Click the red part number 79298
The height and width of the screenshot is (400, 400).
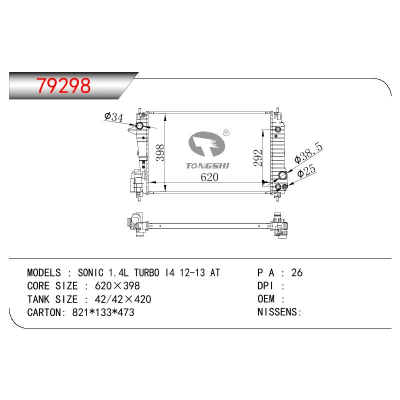pyautogui.click(x=63, y=85)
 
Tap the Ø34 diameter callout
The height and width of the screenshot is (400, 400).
pyautogui.click(x=114, y=117)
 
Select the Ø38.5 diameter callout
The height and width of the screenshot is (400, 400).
pyautogui.click(x=308, y=152)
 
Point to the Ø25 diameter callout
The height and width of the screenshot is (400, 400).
pyautogui.click(x=306, y=170)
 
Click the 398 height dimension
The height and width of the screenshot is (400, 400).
pyautogui.click(x=160, y=152)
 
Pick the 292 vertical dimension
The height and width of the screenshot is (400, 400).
pyautogui.click(x=257, y=158)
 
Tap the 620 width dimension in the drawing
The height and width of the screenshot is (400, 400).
pyautogui.click(x=209, y=177)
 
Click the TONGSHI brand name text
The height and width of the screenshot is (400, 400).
pyautogui.click(x=207, y=166)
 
